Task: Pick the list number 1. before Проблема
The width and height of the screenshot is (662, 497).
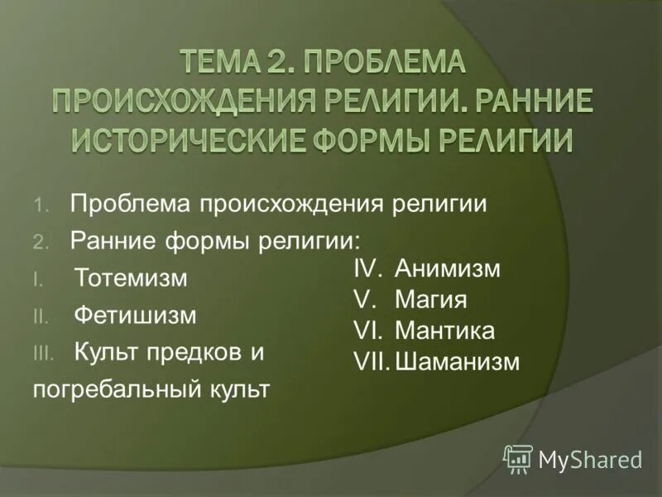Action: tap(42, 205)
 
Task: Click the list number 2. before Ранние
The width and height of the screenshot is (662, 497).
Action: tap(42, 241)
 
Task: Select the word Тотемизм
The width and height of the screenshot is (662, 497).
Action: tap(130, 278)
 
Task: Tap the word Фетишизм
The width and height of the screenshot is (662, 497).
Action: tap(135, 316)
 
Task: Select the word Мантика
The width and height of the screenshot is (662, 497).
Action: tap(444, 331)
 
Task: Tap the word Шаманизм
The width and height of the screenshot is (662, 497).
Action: tap(457, 362)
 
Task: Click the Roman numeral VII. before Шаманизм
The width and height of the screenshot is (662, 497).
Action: tap(370, 362)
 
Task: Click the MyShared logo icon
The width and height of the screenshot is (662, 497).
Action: tap(518, 456)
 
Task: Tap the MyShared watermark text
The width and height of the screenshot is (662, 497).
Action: tap(590, 458)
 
